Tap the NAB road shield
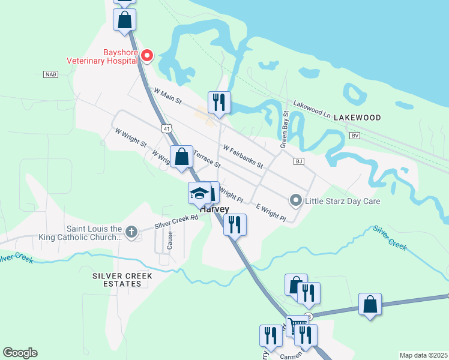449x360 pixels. (x=51, y=74)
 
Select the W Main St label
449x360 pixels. (x=167, y=96)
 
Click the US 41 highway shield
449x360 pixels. (x=166, y=128)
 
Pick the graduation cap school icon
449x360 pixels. (x=199, y=193)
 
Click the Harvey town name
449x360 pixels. (x=214, y=209)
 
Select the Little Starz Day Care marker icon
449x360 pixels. (x=295, y=200)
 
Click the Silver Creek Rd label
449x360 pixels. (x=176, y=221)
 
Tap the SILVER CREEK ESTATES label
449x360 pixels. (x=122, y=280)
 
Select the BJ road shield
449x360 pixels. (x=298, y=161)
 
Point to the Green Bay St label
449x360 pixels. (x=285, y=130)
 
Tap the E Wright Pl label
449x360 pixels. (x=271, y=212)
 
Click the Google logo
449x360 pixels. (x=20, y=353)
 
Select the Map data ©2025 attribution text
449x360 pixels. (x=423, y=355)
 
